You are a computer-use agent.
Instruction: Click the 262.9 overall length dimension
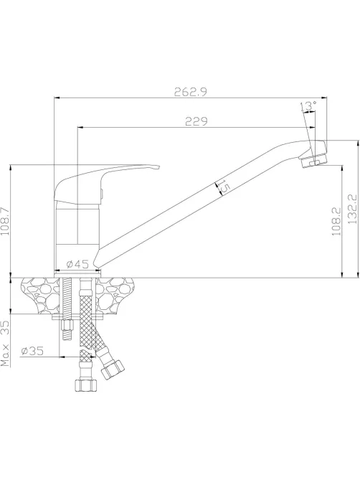190,92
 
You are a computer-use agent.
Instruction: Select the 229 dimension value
196,121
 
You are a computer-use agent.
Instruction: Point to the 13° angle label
308,106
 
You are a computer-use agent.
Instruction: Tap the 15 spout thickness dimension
222,187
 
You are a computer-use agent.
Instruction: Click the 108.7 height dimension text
4,221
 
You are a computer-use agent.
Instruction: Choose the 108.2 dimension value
336,221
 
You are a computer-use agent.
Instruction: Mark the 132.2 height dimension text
352,209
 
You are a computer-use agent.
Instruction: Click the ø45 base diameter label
77,263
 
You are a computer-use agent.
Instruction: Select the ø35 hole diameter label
32,351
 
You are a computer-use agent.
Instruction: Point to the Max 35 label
5,344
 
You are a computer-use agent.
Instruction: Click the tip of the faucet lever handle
159,167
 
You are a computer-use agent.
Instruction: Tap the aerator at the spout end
314,160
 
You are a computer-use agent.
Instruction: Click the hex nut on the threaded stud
67,324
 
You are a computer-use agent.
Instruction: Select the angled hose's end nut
113,370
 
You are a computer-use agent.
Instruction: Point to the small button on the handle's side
102,194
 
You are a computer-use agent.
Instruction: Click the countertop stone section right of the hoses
114,294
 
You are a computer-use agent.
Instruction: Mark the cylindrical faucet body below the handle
77,236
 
